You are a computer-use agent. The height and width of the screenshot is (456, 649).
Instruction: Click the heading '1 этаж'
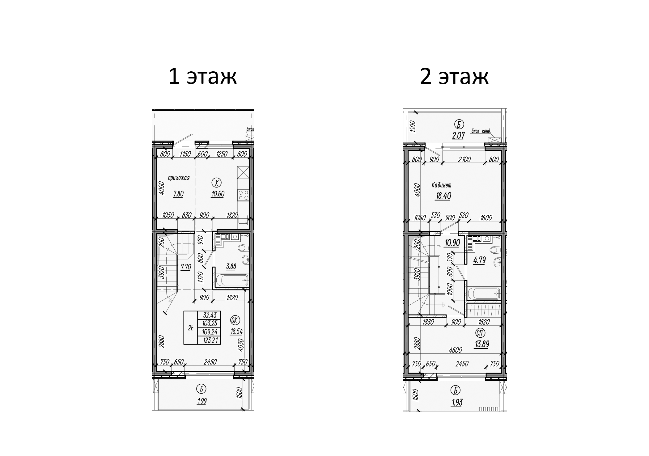click(x=202, y=76)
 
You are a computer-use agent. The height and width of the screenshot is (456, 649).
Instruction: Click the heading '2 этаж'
click(x=454, y=76)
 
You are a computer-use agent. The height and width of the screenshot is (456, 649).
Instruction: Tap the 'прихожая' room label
click(x=179, y=178)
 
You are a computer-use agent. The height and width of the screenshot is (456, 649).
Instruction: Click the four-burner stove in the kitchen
click(x=243, y=195)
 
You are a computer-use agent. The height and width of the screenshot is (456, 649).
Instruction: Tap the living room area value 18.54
click(x=236, y=332)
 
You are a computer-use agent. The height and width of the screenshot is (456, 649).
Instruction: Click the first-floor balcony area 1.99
click(x=201, y=401)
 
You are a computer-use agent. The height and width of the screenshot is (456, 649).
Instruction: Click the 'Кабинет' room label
click(x=441, y=185)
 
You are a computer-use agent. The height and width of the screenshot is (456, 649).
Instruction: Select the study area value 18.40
click(x=443, y=196)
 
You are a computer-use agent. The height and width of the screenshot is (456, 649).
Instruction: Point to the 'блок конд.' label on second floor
click(x=481, y=131)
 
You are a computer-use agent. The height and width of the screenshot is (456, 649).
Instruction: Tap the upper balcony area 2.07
click(x=458, y=135)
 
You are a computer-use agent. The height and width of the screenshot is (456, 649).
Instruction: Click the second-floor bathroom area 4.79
click(x=479, y=260)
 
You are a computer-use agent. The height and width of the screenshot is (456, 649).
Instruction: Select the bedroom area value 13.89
click(x=482, y=344)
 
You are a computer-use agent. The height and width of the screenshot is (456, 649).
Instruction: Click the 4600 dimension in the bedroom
click(x=456, y=350)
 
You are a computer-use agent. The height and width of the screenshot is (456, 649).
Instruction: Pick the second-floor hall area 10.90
click(x=452, y=243)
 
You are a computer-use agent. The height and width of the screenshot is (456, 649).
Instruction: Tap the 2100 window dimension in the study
click(x=464, y=159)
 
